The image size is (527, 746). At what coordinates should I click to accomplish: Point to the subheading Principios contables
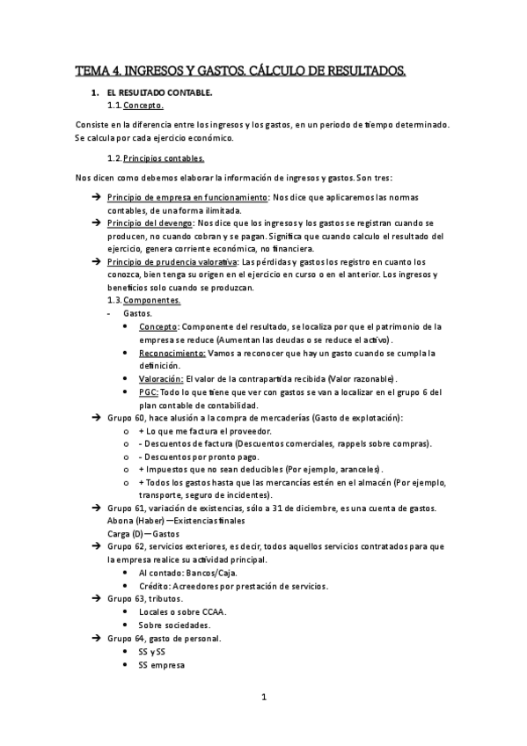click(164, 158)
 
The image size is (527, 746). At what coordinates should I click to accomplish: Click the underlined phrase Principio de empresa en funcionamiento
click(187, 198)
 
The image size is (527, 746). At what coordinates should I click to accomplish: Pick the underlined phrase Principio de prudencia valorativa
click(171, 262)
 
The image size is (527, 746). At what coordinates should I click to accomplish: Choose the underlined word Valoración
click(159, 378)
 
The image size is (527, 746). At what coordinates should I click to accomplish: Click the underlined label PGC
click(148, 391)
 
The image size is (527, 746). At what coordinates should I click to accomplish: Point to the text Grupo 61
click(125, 508)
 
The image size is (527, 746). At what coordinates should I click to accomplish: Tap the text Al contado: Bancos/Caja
click(188, 572)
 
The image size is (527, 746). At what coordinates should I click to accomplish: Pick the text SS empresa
click(161, 665)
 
